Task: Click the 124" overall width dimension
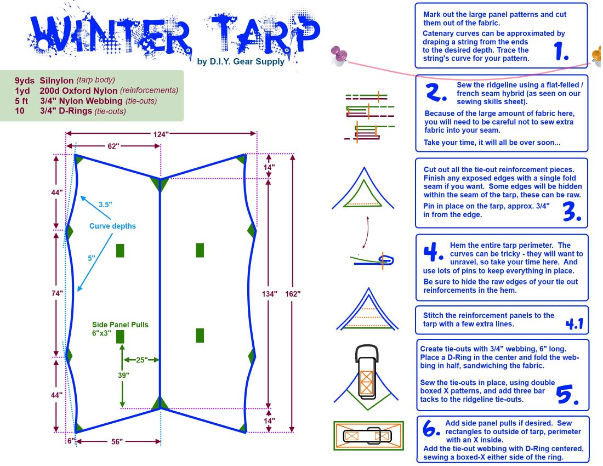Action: coord(161,134)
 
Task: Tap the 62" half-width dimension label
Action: coord(112,146)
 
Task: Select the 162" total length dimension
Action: coord(292,294)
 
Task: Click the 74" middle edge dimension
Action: coord(56,293)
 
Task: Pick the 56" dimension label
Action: coord(113,441)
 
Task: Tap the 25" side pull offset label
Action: coord(141,360)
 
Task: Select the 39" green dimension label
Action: coord(123,376)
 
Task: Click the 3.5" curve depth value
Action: coord(105,204)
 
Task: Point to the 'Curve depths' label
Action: coord(113,226)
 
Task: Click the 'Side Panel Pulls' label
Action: coord(120,325)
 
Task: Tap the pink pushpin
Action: coord(339,54)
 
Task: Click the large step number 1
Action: coord(561,51)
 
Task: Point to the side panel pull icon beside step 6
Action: coord(368,436)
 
